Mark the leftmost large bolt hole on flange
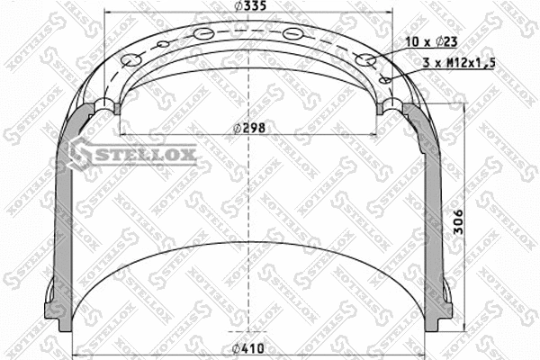tap(131, 60)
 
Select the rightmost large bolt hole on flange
tap(365, 60)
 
